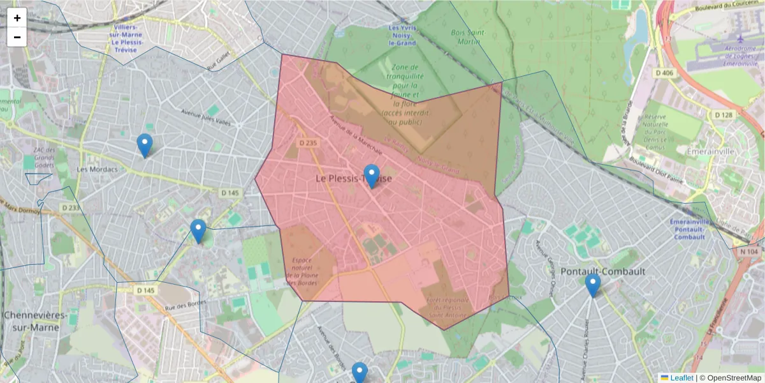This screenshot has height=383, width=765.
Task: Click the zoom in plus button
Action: [x=17, y=18]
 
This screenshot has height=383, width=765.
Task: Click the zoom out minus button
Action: [x=17, y=37]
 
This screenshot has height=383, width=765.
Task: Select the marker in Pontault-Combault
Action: [x=593, y=285]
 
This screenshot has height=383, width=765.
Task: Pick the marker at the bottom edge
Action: [x=360, y=373]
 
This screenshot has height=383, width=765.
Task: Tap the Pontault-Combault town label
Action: [x=602, y=271]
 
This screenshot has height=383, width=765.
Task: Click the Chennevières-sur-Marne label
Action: [x=40, y=321]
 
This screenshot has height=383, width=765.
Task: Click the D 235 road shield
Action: [x=308, y=144]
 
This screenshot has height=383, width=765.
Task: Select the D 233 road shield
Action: [x=72, y=208]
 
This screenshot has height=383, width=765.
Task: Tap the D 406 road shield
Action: [x=664, y=73]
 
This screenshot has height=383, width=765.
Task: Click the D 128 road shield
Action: [x=724, y=115]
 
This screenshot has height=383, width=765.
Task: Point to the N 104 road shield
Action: [x=750, y=252]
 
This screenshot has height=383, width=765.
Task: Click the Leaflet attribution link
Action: [x=681, y=378]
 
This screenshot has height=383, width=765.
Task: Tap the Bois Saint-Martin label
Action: [x=468, y=37]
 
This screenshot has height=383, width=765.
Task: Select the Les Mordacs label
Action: [x=97, y=169]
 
